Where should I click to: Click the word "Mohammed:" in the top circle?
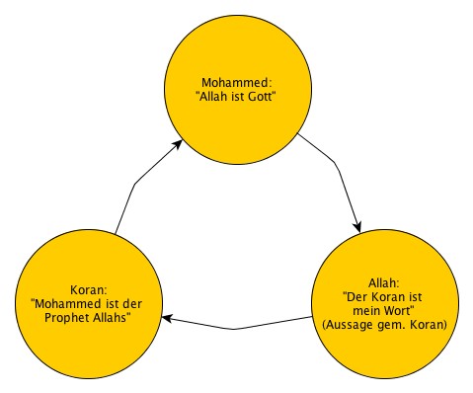click(x=236, y=82)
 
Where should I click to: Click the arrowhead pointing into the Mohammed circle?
click(x=180, y=145)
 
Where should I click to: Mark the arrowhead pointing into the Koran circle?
click(x=168, y=318)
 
